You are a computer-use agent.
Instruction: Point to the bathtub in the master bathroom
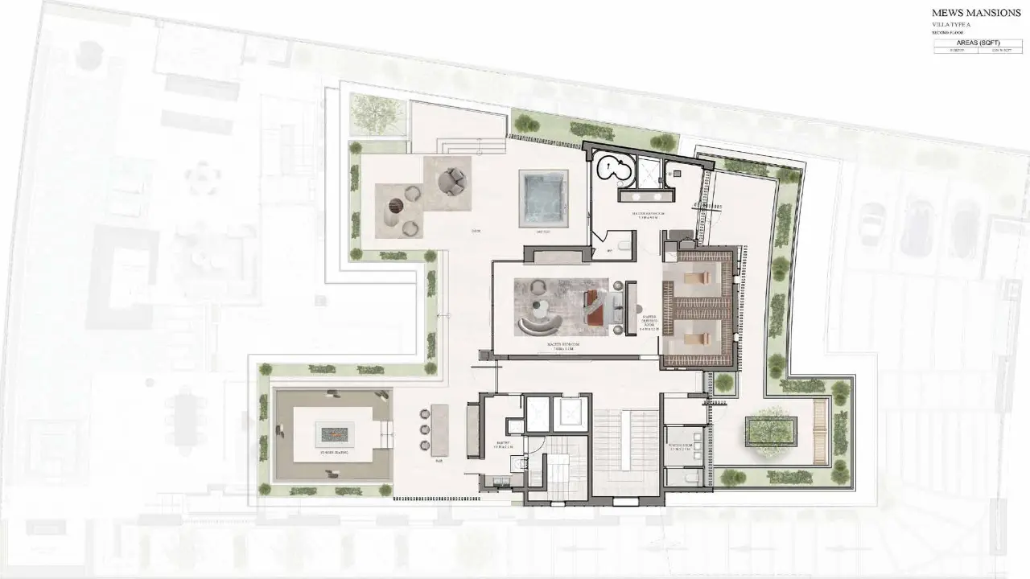pos(614,169)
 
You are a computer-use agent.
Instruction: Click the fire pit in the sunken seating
pos(333,434)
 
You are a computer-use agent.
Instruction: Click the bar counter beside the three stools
pos(439,431)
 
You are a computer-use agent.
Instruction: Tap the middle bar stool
pos(424,429)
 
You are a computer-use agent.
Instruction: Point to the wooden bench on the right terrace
pos(821,431)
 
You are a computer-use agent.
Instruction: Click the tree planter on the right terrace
pos(771,431)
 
